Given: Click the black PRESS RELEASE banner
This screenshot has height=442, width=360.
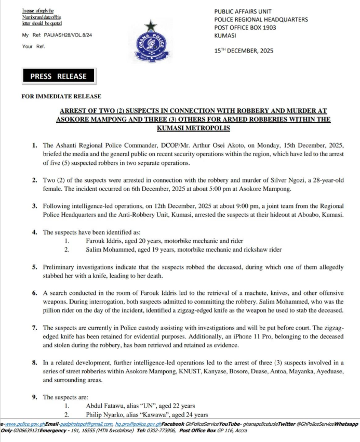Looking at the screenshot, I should coord(58,76).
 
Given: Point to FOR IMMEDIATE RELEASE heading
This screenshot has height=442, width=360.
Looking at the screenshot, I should coord(61,96).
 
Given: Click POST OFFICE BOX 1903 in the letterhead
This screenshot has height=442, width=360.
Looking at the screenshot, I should coord(247,28).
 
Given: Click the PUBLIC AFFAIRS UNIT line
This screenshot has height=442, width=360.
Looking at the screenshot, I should coord(243,11).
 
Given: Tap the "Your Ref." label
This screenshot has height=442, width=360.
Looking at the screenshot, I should coord(33,46).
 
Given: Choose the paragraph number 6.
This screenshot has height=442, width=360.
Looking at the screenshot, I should coord(34,293).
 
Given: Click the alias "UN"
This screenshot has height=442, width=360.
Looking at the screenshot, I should coord(142,405).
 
